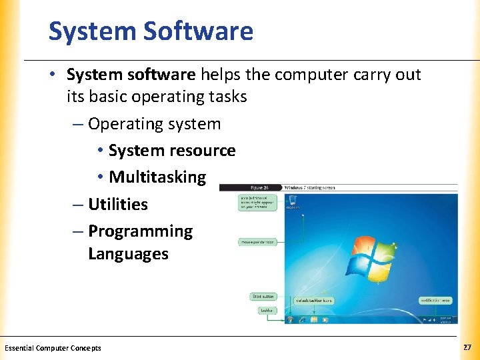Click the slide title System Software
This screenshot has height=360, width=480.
tap(151, 31)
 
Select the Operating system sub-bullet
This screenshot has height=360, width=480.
tap(154, 124)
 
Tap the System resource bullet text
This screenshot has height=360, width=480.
tap(172, 151)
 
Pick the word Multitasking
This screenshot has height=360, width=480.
tap(157, 177)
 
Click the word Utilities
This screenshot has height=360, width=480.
tap(118, 204)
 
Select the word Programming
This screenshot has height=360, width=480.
tap(140, 231)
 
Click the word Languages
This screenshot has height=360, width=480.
tap(128, 254)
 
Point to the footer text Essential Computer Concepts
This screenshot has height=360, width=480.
tap(53, 348)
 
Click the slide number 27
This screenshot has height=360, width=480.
tap(466, 347)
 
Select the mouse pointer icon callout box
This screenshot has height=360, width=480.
tap(257, 242)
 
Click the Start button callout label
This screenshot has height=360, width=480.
tap(263, 296)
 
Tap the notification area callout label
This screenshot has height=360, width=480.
tap(435, 301)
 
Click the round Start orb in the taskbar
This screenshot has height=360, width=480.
tap(291, 319)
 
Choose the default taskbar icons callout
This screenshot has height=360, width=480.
tap(313, 301)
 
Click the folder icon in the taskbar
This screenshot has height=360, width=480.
tap(313, 319)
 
